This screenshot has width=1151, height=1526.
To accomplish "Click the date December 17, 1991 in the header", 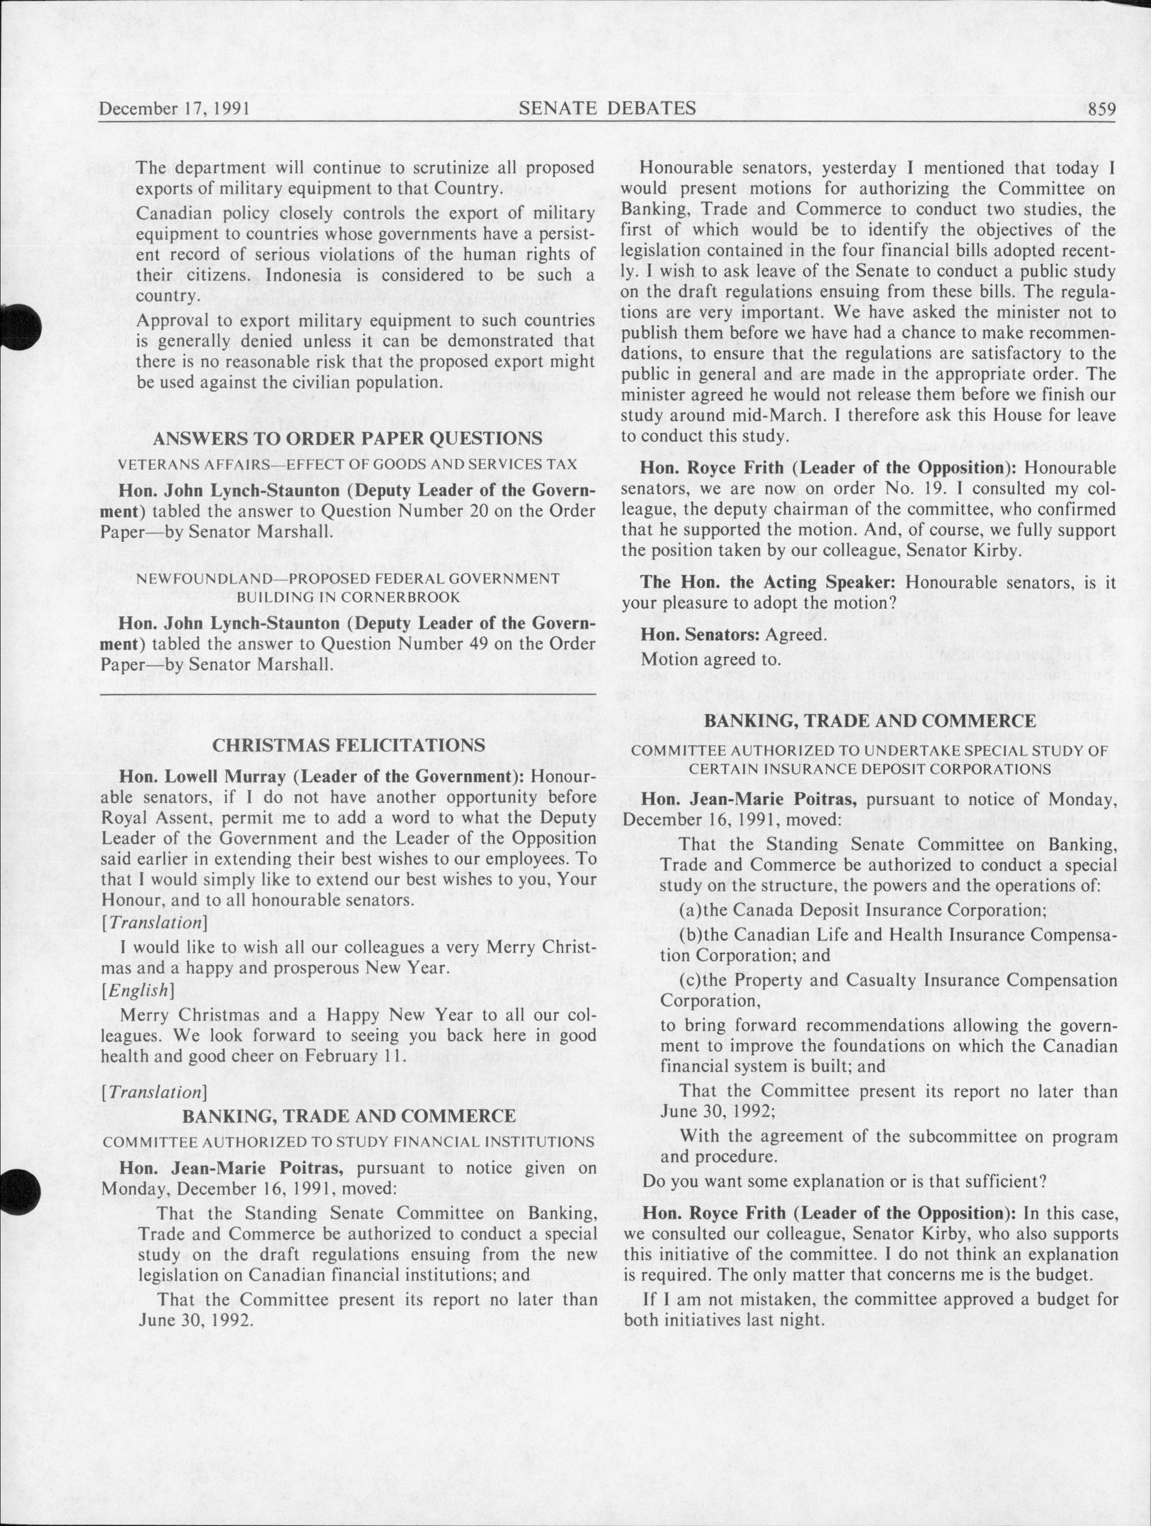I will pos(174,109).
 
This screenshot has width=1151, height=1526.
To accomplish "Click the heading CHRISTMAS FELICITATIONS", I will pos(348,745).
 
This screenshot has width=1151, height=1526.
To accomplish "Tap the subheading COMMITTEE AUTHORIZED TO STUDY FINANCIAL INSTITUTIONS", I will pos(348,1142).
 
